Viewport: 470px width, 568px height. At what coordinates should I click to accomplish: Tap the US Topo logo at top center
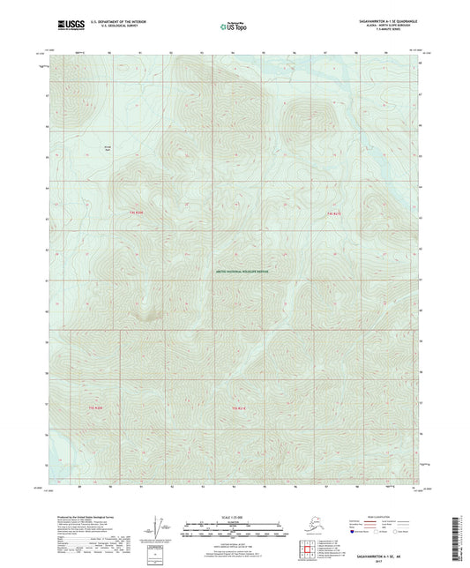point(234,27)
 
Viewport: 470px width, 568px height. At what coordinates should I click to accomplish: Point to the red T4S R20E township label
point(136,213)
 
